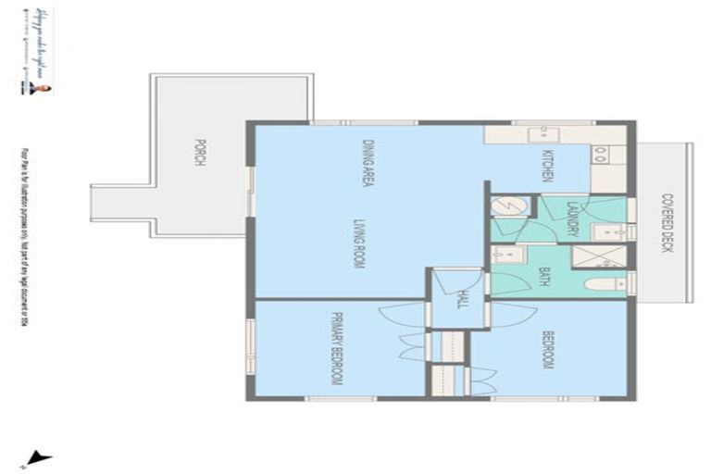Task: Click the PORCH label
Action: pos(198,153)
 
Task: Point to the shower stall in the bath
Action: pos(590,256)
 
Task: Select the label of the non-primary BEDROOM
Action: pos(547,350)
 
